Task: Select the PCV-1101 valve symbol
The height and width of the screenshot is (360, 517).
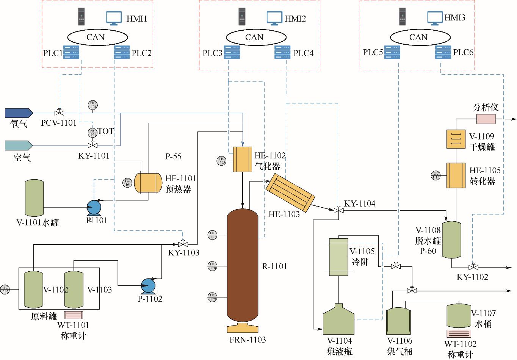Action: [59, 113]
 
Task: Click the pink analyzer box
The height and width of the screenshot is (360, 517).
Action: [486, 119]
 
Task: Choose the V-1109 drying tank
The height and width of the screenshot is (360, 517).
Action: [456, 139]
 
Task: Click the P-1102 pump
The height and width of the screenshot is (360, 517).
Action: [148, 286]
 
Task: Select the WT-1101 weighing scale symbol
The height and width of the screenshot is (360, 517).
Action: [74, 315]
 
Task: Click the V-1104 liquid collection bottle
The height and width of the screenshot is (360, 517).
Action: [338, 320]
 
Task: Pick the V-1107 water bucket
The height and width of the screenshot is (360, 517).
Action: [458, 315]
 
